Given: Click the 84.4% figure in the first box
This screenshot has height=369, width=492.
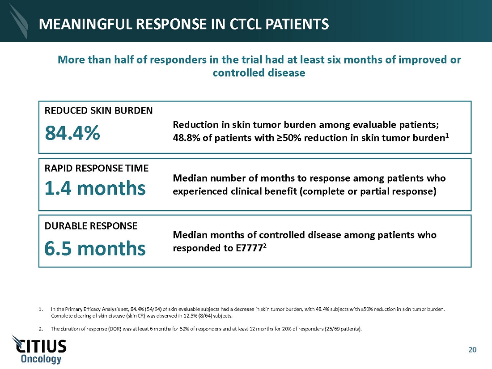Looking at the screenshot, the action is (72, 133).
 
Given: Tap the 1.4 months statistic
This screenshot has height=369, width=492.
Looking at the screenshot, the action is (95, 188).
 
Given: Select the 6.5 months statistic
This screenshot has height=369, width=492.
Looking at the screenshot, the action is (95, 248).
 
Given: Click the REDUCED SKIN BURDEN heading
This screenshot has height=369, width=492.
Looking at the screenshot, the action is (98, 110).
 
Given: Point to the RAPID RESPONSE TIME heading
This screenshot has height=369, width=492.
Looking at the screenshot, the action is (97, 168).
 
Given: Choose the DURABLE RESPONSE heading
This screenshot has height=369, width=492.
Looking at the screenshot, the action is (91, 226).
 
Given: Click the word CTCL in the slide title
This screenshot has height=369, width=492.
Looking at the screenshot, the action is (246, 24).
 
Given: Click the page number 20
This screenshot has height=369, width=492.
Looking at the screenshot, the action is (472, 350).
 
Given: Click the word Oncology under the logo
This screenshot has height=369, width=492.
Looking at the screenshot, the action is (41, 359).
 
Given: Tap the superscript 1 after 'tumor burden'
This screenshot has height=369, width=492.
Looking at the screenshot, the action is (447, 136).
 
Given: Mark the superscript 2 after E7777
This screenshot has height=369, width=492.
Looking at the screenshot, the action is (265, 246).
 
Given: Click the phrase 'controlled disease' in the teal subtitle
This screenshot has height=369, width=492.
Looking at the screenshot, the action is (259, 73).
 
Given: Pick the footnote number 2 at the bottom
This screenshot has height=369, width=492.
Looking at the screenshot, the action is (40, 329).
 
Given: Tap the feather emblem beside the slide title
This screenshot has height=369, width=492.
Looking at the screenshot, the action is (19, 21).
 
